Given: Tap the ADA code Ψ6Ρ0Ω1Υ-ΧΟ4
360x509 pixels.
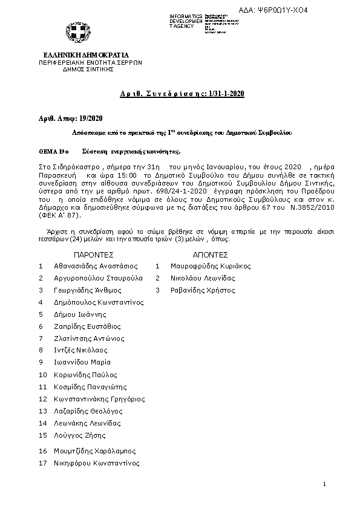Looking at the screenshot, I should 299,10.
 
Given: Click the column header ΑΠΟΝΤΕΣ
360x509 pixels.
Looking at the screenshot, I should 209,255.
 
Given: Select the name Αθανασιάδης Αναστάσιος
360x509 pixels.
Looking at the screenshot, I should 96,266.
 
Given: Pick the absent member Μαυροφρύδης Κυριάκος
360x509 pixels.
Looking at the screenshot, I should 202,266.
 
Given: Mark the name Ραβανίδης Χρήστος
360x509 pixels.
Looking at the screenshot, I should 194,290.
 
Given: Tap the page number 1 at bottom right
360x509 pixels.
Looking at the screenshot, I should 324,484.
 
